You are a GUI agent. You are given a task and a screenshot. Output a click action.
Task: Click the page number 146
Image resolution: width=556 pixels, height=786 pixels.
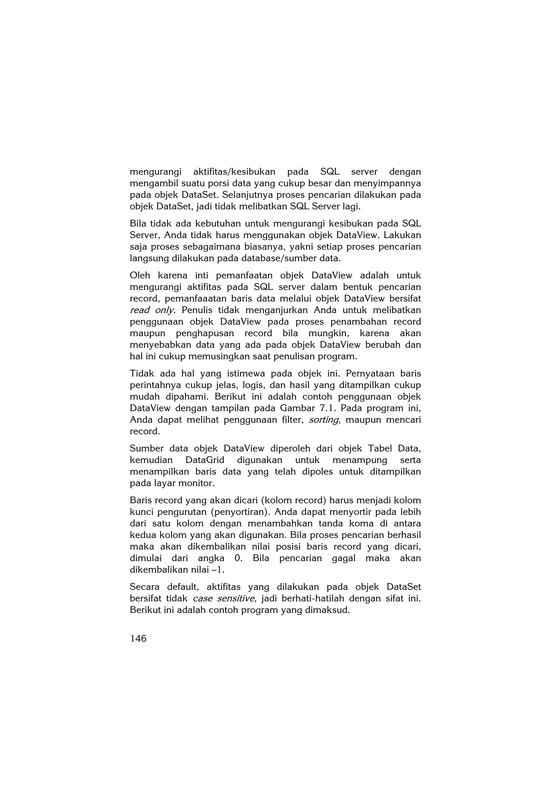(138, 638)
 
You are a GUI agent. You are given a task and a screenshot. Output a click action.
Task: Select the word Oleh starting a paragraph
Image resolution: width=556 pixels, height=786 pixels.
(140, 275)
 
